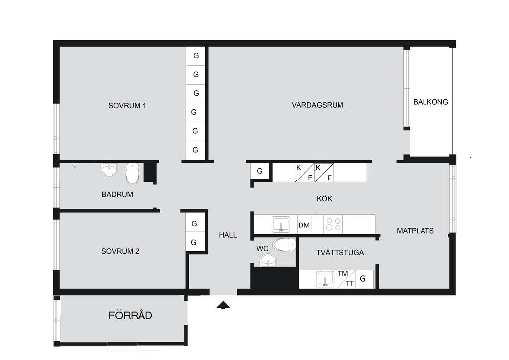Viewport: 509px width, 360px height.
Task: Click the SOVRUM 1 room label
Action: click(127, 106)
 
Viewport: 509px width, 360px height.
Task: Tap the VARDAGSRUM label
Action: click(318, 105)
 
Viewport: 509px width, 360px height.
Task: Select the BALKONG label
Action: click(430, 102)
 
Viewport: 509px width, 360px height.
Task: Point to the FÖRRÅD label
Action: click(130, 315)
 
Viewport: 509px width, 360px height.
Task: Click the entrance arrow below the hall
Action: click(223, 305)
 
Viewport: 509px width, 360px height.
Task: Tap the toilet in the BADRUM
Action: click(132, 174)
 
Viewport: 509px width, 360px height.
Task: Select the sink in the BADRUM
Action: click(109, 169)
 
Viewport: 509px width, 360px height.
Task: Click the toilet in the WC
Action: click(284, 245)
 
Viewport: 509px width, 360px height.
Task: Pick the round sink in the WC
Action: click(269, 260)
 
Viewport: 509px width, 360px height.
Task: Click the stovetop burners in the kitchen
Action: click(334, 224)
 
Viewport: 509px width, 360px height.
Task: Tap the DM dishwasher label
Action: click(304, 225)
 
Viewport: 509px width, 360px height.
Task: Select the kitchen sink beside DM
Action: click(281, 224)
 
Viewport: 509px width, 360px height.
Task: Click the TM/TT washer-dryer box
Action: click(346, 279)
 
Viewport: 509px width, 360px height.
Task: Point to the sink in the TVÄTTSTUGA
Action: click(325, 279)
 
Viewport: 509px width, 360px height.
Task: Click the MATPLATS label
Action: click(415, 231)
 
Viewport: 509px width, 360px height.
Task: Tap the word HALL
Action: click(228, 235)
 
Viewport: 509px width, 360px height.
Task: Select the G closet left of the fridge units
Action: click(260, 171)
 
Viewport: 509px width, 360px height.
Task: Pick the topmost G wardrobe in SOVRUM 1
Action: click(196, 56)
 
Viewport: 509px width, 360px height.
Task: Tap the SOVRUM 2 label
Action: click(120, 251)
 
